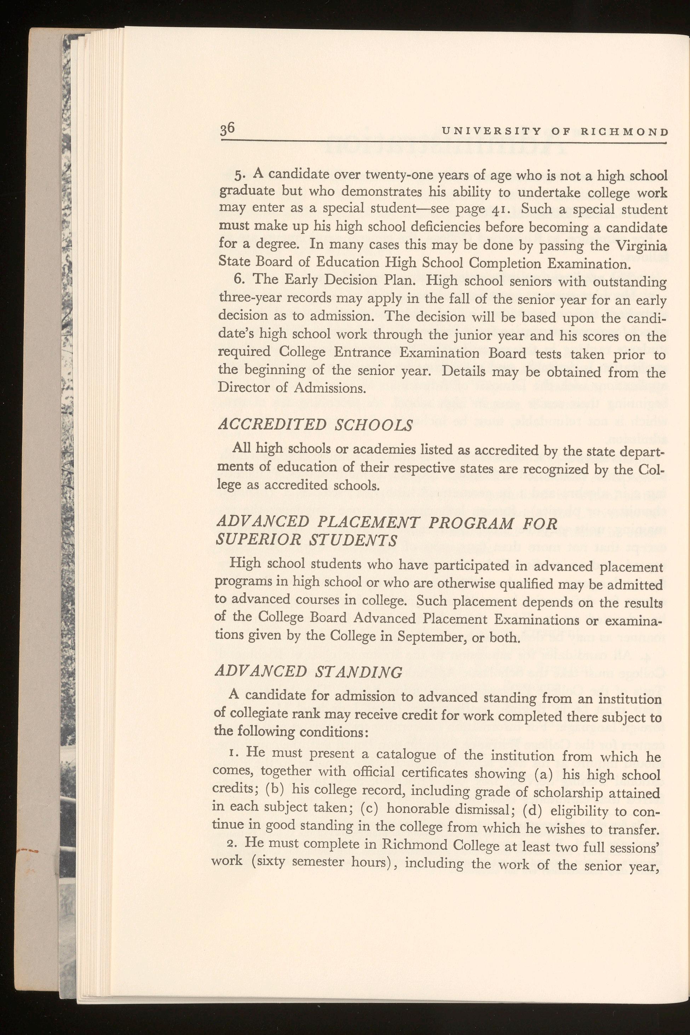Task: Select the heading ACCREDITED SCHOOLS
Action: (x=316, y=425)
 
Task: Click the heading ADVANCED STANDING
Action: (x=309, y=672)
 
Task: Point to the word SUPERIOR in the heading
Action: (x=256, y=540)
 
